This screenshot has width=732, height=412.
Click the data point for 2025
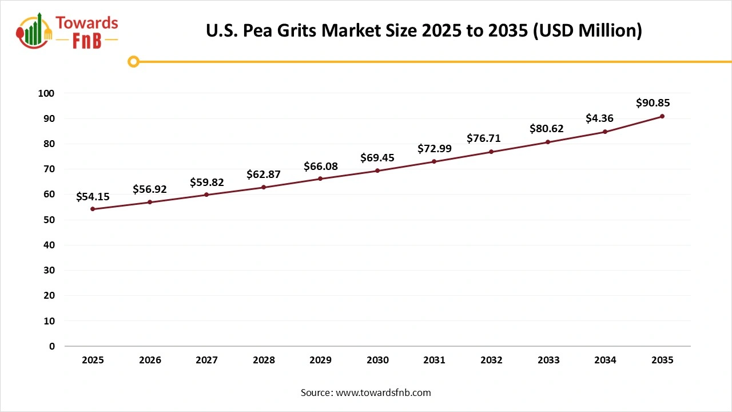coord(93,209)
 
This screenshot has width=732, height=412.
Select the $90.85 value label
coord(653,103)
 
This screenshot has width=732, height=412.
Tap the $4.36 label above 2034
coord(600,118)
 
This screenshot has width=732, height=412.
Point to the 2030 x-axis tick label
coord(377,360)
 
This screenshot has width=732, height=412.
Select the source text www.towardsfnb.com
coord(365,393)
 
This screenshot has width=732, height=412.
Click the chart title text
coord(424,30)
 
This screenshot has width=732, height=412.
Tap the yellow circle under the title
coord(133,61)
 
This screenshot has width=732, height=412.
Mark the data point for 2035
coord(662,116)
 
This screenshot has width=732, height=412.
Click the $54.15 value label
coord(93,196)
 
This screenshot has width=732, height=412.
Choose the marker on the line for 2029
coord(320,179)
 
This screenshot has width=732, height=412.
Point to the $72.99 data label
coord(435,149)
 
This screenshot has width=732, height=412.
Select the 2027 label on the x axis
coord(206,360)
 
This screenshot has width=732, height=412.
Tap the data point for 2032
coord(491,152)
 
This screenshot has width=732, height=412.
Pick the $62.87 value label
coord(264,174)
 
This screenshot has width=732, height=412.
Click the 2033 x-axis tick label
coord(548,360)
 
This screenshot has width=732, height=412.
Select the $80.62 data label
coord(547,129)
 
